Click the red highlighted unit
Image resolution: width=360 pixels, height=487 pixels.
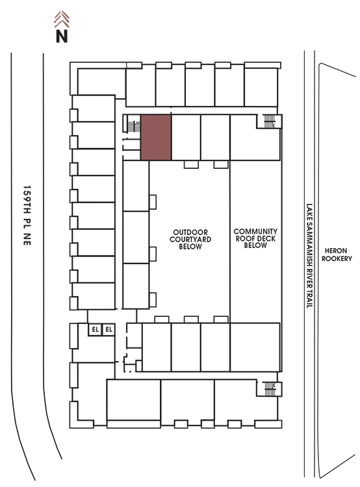tap(156, 137)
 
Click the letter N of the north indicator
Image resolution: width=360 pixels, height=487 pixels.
tap(62, 36)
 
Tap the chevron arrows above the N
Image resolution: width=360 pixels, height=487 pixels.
tap(62, 19)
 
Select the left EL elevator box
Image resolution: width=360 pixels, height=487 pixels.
tap(95, 329)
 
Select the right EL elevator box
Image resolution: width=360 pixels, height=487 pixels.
tap(109, 329)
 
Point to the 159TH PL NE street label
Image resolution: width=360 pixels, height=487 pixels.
tap(27, 216)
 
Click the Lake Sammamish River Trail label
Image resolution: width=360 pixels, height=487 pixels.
tap(309, 256)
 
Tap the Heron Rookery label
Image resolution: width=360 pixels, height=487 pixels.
tap(337, 255)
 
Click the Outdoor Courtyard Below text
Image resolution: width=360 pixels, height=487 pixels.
tap(190, 240)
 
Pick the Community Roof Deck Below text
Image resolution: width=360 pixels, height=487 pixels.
tap(255, 238)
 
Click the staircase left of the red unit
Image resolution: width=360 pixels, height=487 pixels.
tap(134, 126)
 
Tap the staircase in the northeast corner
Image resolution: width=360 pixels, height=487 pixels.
tap(269, 121)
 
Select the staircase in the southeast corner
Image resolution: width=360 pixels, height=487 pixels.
tap(270, 389)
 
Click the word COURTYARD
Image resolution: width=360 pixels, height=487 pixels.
tap(190, 240)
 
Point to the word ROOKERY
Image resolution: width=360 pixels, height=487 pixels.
tap(337, 258)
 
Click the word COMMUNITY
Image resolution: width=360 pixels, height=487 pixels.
tap(255, 232)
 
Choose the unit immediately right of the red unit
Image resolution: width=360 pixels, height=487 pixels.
tap(186, 137)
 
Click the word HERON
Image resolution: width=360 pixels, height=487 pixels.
tap(336, 251)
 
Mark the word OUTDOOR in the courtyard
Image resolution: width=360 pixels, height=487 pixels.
tap(190, 232)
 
